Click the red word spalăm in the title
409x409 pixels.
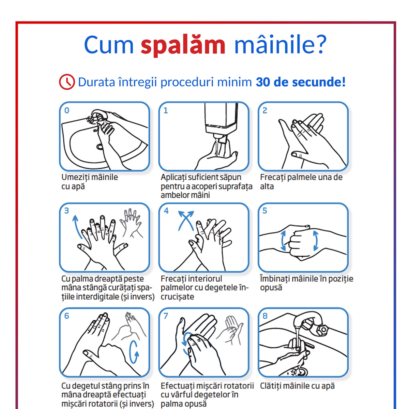pos(183,45)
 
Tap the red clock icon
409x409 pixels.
pos(67,82)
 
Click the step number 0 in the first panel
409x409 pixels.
pos(67,110)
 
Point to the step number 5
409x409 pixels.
pos(265,211)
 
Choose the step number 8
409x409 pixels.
pos(265,316)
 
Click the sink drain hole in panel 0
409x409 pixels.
pos(99,146)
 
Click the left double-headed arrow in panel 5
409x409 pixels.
pos(283,241)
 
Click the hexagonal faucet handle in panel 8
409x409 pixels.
pos(323,330)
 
